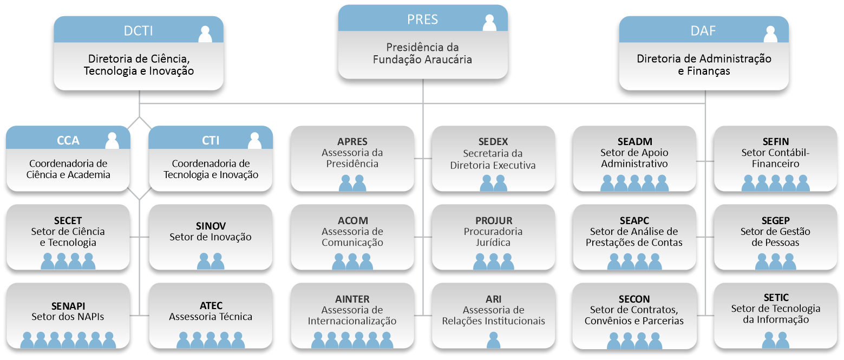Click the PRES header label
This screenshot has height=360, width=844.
422,19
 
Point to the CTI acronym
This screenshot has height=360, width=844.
211,140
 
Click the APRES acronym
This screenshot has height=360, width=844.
352,142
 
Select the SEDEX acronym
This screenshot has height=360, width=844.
493,142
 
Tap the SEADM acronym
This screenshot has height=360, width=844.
634,142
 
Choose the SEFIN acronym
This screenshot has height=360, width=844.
775,142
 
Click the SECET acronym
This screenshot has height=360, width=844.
68,220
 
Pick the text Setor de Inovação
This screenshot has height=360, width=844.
210,237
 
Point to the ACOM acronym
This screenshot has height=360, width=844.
352,220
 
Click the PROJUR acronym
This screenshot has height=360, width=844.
493,220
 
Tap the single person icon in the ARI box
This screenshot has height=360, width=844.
493,340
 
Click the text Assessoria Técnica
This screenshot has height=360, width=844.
211,317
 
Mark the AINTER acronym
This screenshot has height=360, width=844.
352,299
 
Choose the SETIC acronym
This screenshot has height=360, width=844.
776,298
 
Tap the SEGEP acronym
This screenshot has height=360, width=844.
775,220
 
